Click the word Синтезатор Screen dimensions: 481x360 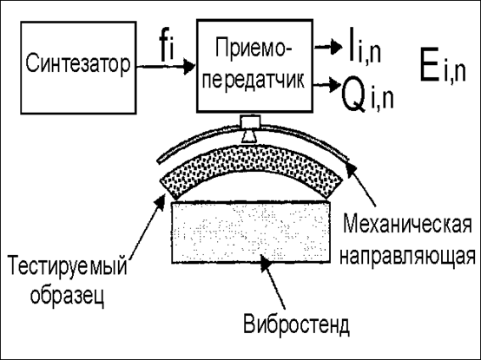click(78, 65)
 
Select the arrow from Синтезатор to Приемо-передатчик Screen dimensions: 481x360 click(166, 66)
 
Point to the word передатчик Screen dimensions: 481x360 click(254, 81)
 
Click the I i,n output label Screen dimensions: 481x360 click(365, 46)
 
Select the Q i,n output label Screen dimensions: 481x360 click(367, 93)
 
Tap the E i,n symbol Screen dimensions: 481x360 click(443, 69)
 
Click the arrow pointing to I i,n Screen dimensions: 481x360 click(327, 47)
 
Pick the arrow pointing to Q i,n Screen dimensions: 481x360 click(327, 84)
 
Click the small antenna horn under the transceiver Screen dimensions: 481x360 click(250, 129)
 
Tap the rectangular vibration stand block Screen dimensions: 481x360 click(251, 232)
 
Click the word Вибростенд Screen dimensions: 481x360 click(296, 324)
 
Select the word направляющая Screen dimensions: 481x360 click(407, 256)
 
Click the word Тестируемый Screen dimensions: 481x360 click(67, 265)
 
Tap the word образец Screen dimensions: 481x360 click(67, 295)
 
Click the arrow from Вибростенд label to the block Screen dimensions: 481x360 click(273, 281)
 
